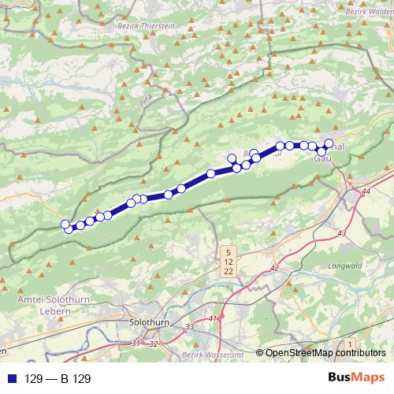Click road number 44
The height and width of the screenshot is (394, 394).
(x=365, y=191)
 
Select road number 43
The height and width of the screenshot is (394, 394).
(x=341, y=234)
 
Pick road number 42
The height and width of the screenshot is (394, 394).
(x=274, y=269)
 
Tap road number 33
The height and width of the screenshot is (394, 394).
(x=189, y=327)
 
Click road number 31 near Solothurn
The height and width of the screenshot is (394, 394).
(x=136, y=344)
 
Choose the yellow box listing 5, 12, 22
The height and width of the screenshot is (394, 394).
(x=228, y=262)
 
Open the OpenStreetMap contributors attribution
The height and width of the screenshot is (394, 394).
(x=325, y=353)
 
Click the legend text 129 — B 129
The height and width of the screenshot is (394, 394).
(x=58, y=379)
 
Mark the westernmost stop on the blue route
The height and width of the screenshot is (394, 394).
(x=65, y=225)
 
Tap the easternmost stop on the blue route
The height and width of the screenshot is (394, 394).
(x=329, y=143)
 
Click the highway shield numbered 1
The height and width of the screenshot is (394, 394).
(x=350, y=345)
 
